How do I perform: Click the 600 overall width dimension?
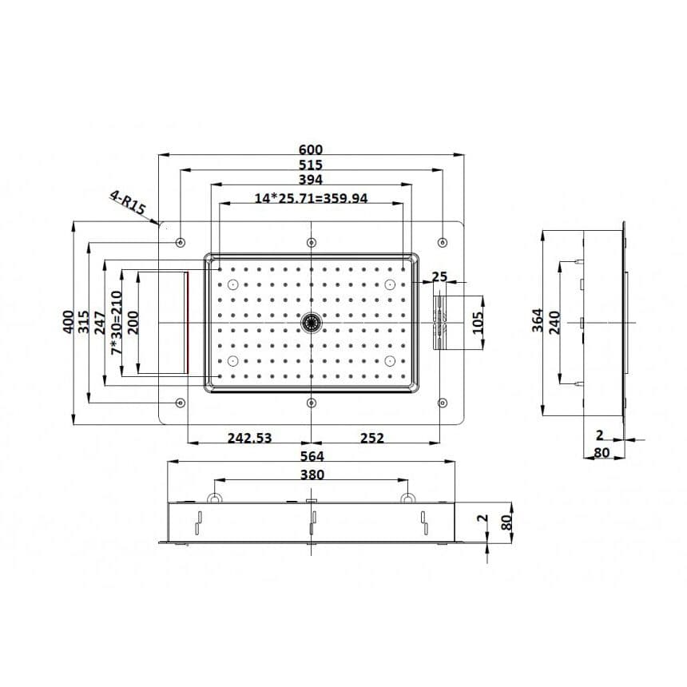[x=311, y=149]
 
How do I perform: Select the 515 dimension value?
[x=311, y=165]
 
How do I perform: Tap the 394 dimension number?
[x=311, y=180]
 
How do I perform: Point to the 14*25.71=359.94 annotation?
[x=311, y=198]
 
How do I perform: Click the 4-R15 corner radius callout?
[x=128, y=202]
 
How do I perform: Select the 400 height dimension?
[x=69, y=322]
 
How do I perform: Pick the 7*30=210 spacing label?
[x=116, y=323]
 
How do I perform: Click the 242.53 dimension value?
[x=250, y=438]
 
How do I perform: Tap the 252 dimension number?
[x=372, y=438]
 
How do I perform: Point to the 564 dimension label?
[x=312, y=456]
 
